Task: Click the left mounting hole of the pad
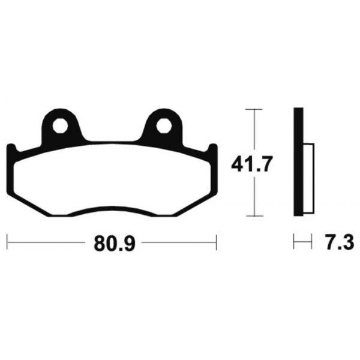click(60, 127)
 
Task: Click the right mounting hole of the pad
click(164, 127)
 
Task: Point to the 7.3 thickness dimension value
click(338, 243)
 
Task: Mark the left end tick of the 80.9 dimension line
click(7, 242)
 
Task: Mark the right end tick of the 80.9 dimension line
click(215, 242)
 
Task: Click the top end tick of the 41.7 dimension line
click(255, 109)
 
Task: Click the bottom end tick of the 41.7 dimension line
click(255, 215)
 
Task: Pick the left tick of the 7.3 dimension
click(294, 242)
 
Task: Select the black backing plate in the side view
click(298, 162)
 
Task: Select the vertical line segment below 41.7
click(255, 195)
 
